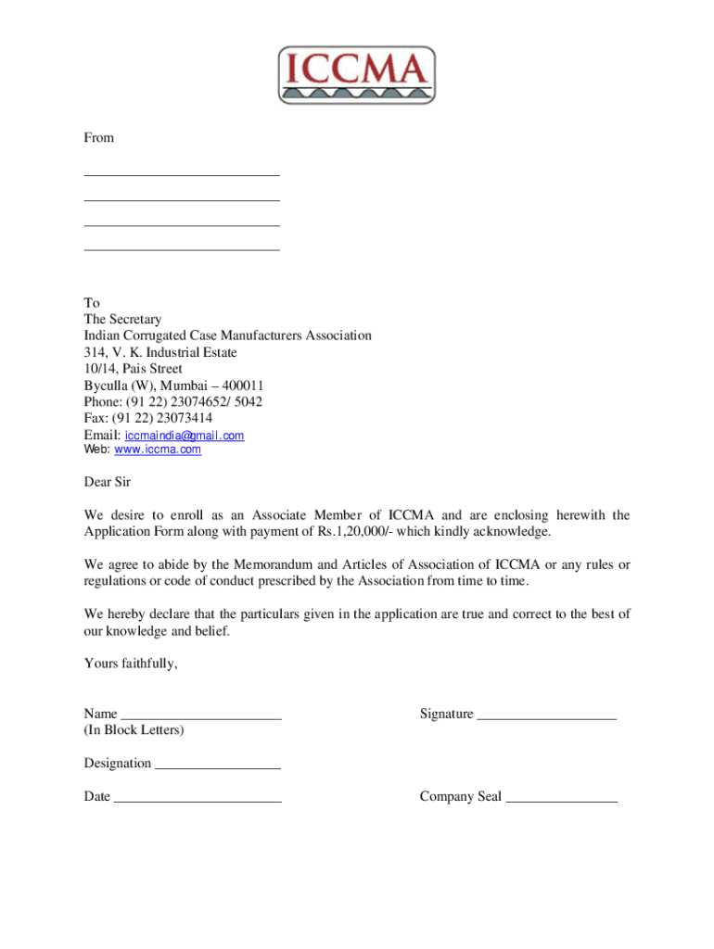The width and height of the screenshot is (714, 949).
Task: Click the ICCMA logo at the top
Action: [x=356, y=75]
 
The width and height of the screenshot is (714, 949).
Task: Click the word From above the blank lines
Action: [x=99, y=138]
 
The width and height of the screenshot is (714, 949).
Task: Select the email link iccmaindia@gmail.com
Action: [x=185, y=436]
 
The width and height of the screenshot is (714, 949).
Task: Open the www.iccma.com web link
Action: [x=157, y=449]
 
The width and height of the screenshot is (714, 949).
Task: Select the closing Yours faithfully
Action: [x=130, y=664]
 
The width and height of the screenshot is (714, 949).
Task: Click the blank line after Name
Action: [x=201, y=715]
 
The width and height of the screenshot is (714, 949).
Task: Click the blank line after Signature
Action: [x=546, y=715]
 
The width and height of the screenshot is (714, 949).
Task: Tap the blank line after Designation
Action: [x=217, y=764]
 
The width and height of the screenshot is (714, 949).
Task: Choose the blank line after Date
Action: [x=198, y=797]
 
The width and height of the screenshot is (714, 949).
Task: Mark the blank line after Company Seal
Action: [x=561, y=797]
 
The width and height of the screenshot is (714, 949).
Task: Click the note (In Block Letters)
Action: [x=134, y=730]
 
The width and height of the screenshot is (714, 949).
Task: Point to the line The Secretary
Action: [x=122, y=320]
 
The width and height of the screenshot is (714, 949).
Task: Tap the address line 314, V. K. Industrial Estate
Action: [x=160, y=353]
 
